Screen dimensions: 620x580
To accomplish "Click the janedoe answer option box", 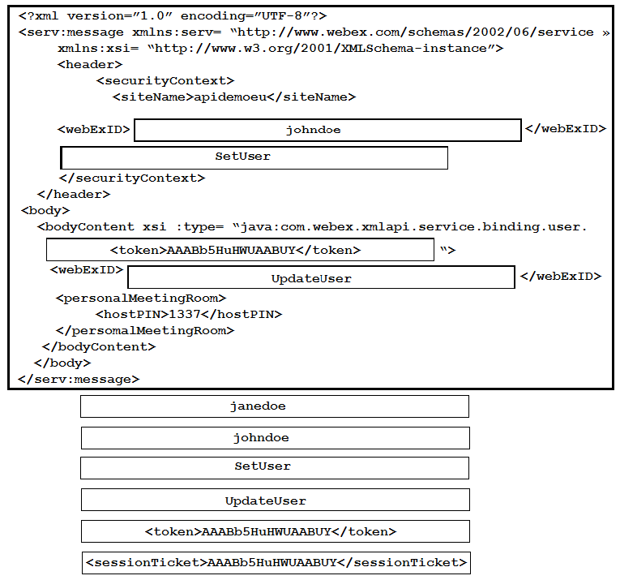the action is (275, 406).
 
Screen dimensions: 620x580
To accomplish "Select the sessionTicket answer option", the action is (276, 563).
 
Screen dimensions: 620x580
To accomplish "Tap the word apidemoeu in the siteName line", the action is (230, 97).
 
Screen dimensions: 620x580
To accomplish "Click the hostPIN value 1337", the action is (185, 314).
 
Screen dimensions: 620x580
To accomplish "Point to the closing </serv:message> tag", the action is (79, 380).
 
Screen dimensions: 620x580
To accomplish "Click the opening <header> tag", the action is (90, 64).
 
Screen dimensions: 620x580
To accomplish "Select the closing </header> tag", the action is (74, 194).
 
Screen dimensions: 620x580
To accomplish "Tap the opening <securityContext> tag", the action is (165, 80).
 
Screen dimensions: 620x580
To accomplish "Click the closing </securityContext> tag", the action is (132, 178).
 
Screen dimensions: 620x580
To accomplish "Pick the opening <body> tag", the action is (45, 210).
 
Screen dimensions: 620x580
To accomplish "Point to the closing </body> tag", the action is (62, 363).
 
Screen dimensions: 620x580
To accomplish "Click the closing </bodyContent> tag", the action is (99, 346).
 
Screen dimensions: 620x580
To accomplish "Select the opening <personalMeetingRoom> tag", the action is (141, 298).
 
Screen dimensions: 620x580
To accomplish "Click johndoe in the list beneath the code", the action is (276, 438).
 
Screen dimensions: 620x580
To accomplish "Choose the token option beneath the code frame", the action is (276, 531).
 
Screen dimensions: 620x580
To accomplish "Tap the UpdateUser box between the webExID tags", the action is (321, 277).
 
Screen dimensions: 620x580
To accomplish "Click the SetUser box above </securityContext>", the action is (254, 158).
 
